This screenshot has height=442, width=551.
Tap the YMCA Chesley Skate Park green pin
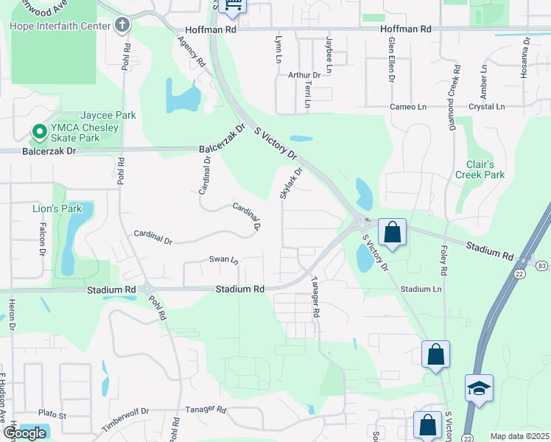pos(38,132)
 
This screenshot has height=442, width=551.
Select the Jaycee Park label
pos(108,116)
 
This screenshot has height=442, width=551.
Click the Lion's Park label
pos(57,208)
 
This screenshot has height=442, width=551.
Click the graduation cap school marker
pos(479,387)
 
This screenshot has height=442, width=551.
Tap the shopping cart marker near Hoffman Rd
pos(234,7)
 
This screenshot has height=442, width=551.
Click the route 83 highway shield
pos(542,264)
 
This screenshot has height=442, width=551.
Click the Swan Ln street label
pos(224,260)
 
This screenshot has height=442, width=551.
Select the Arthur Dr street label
pos(304,74)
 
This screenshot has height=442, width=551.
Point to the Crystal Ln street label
pos(486,107)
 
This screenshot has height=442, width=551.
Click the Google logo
pos(24,433)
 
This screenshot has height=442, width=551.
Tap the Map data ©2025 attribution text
pos(519,437)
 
